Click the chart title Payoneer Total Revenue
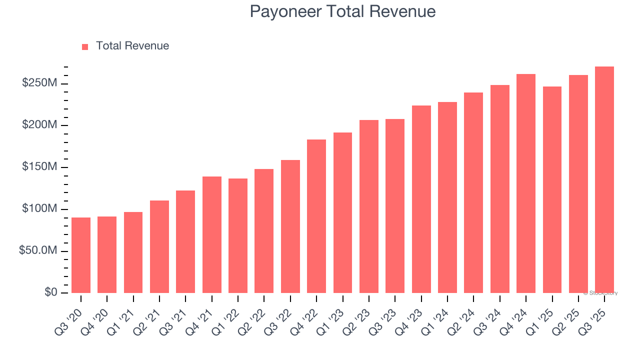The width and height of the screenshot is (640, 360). click(x=342, y=11)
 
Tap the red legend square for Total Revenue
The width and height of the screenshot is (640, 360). click(x=85, y=46)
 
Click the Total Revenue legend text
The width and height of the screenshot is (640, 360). click(x=132, y=46)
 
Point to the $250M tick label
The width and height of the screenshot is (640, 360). click(x=39, y=83)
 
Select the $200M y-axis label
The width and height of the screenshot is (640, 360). click(x=39, y=125)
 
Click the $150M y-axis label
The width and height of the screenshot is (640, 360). click(x=39, y=166)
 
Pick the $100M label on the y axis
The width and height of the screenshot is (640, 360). click(x=39, y=208)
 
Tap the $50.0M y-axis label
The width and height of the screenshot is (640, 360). click(x=38, y=250)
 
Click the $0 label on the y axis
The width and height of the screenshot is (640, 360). click(x=50, y=292)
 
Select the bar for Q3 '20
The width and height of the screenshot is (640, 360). click(x=81, y=255)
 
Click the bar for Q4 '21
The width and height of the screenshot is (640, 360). click(x=212, y=234)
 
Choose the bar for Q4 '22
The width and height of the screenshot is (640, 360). click(x=316, y=216)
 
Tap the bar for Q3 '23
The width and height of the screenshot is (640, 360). click(x=395, y=205)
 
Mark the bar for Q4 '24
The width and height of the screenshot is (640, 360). click(x=526, y=183)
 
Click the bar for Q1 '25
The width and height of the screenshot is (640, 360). click(x=552, y=189)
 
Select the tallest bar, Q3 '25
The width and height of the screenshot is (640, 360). click(x=604, y=179)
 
